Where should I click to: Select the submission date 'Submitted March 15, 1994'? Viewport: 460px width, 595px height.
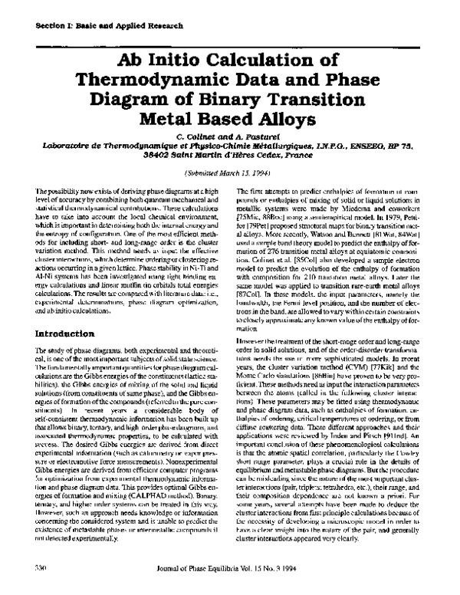pyautogui.click(x=230, y=174)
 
